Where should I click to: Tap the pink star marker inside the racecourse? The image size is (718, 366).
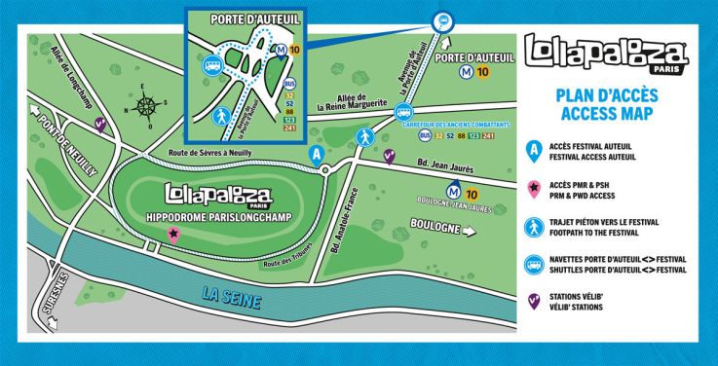(x=173, y=233)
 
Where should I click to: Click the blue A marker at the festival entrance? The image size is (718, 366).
(x=315, y=154)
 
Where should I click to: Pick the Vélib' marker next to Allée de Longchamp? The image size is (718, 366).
(x=99, y=124)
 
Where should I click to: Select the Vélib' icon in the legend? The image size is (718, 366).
(x=533, y=303)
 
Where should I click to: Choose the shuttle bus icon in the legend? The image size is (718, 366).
(x=533, y=264)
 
